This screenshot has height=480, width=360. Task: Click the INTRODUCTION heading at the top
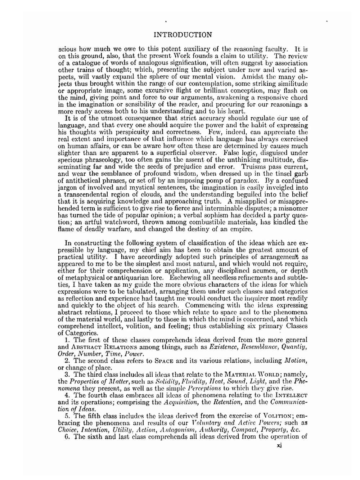(183, 35)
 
